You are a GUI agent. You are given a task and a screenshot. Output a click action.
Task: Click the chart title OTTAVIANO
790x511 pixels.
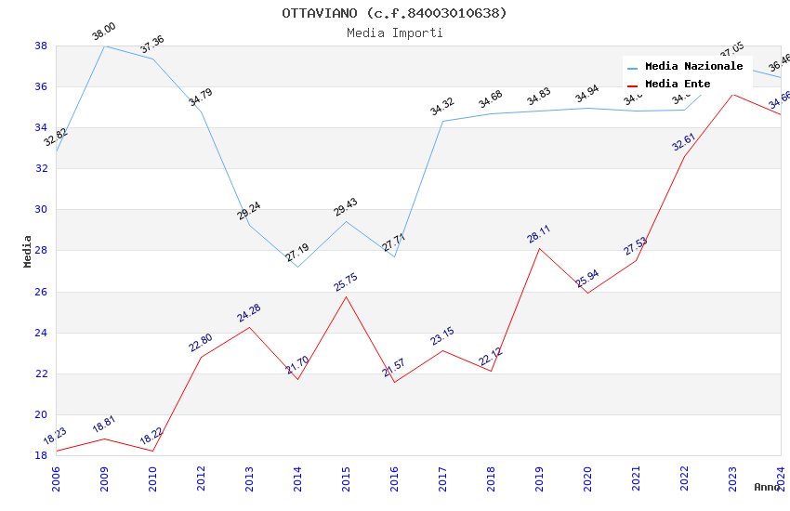394,13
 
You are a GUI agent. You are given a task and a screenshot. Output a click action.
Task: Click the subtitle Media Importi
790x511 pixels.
394,33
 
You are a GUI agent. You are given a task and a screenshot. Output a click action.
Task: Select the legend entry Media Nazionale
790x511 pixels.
693,67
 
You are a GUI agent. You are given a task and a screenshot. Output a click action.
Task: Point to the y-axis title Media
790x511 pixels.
28,251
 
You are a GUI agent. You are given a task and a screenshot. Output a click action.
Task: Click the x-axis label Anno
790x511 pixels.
767,487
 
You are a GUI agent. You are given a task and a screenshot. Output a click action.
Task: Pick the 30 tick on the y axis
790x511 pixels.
41,210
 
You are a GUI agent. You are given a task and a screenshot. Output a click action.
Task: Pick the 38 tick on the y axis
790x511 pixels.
41,46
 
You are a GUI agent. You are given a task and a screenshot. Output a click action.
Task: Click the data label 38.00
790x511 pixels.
103,33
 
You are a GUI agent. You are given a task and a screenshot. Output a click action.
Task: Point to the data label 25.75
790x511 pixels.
346,282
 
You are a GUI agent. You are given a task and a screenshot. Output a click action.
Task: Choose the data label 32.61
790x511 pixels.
683,142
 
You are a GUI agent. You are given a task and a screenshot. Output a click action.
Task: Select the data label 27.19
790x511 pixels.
296,253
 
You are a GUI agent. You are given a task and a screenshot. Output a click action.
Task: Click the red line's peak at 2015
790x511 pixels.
346,296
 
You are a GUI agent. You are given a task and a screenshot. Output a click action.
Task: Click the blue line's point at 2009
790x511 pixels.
104,46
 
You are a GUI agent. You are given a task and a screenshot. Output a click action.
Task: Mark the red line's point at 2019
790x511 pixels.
539,248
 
